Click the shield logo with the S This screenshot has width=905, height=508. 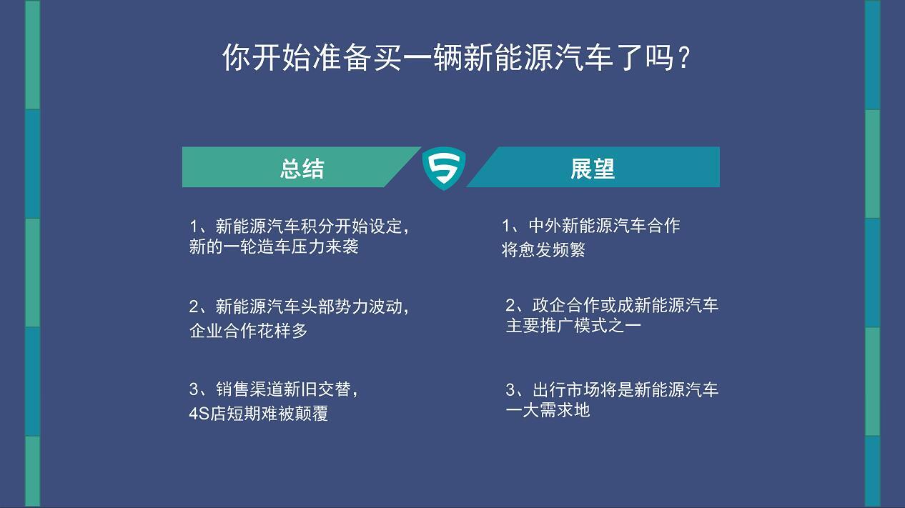click(444, 168)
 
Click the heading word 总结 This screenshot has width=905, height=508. click(302, 169)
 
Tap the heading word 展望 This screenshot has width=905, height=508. click(593, 169)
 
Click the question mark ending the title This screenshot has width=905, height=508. click(683, 58)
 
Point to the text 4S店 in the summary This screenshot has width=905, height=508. click(207, 413)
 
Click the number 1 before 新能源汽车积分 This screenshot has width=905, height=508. click(194, 226)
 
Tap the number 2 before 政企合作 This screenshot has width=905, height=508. click(510, 305)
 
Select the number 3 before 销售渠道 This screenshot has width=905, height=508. click(194, 389)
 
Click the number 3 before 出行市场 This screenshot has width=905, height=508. click(510, 390)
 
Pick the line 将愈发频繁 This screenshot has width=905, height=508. click(543, 249)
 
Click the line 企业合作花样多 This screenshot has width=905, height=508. click(249, 331)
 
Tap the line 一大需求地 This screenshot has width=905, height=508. click(548, 410)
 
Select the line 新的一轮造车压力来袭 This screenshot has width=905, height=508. click(274, 246)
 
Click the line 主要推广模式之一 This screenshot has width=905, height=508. click(573, 326)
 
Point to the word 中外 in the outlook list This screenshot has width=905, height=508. click(545, 226)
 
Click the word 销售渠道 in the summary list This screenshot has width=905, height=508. click(249, 389)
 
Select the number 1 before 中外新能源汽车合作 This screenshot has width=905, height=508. click(506, 226)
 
